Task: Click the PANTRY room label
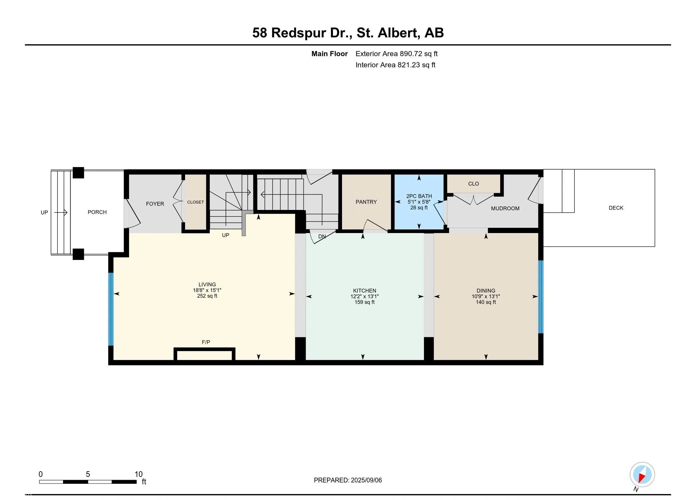(x=366, y=202)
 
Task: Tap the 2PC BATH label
(x=419, y=196)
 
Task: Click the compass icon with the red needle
(x=642, y=475)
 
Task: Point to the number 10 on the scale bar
(x=139, y=474)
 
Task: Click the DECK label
(x=616, y=208)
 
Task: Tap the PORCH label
(x=97, y=212)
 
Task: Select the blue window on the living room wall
(x=111, y=309)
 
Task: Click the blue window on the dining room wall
(x=541, y=297)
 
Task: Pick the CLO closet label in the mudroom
(x=473, y=184)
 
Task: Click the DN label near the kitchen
(x=322, y=237)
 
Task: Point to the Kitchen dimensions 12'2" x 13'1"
(x=364, y=297)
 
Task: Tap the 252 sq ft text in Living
(x=207, y=296)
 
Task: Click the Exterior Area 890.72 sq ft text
(x=396, y=54)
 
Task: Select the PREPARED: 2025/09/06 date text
(x=348, y=480)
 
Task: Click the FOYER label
(x=155, y=204)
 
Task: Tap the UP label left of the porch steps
(x=44, y=212)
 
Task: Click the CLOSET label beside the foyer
(x=196, y=202)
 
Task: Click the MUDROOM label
(x=505, y=208)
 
